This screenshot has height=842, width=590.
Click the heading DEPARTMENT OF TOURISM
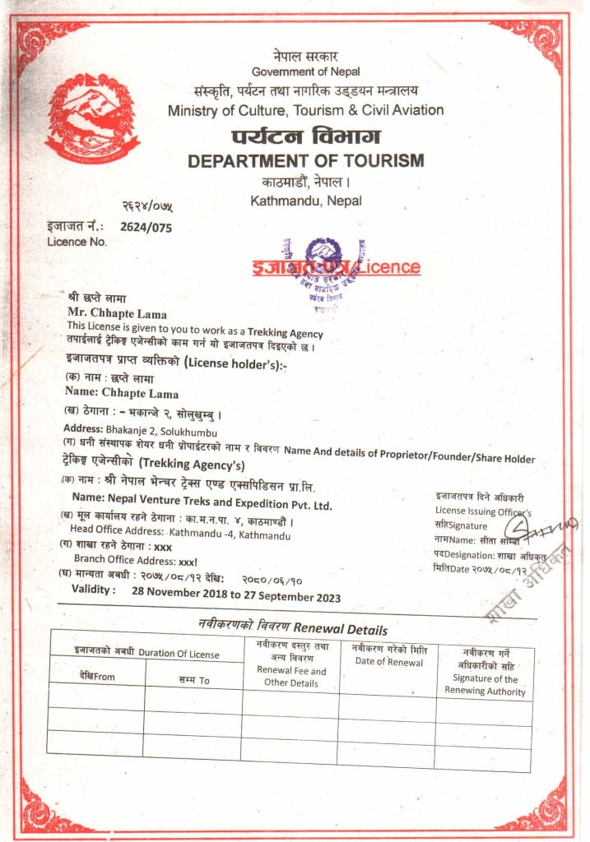[306, 160]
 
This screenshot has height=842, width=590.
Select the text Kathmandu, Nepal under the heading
[306, 200]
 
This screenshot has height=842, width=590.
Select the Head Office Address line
[180, 534]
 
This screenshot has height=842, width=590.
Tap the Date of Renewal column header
[388, 655]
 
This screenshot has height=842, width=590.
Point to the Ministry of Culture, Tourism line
[306, 110]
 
